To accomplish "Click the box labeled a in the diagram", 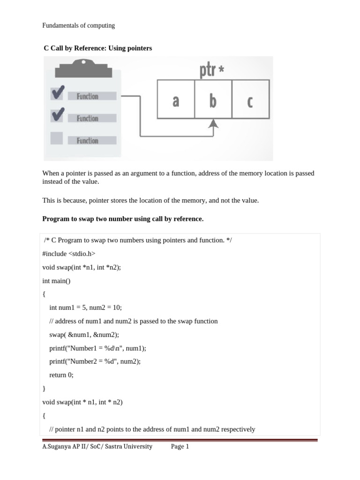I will coord(176,99).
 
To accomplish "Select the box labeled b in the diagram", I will coord(213,99).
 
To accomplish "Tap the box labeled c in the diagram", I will coord(250,99).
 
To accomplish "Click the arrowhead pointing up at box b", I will coord(214,123).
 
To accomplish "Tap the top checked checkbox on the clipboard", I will coord(57,95).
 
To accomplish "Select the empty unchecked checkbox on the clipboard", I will coord(57,138).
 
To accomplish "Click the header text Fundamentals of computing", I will coord(78,25).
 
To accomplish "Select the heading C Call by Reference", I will coord(97,48).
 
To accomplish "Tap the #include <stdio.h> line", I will coord(68,254).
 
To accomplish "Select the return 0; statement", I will coord(61,375).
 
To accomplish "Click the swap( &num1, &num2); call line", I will coord(84,335).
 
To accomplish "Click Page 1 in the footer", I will coord(180,447).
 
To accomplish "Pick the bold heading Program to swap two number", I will coord(123,219).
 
